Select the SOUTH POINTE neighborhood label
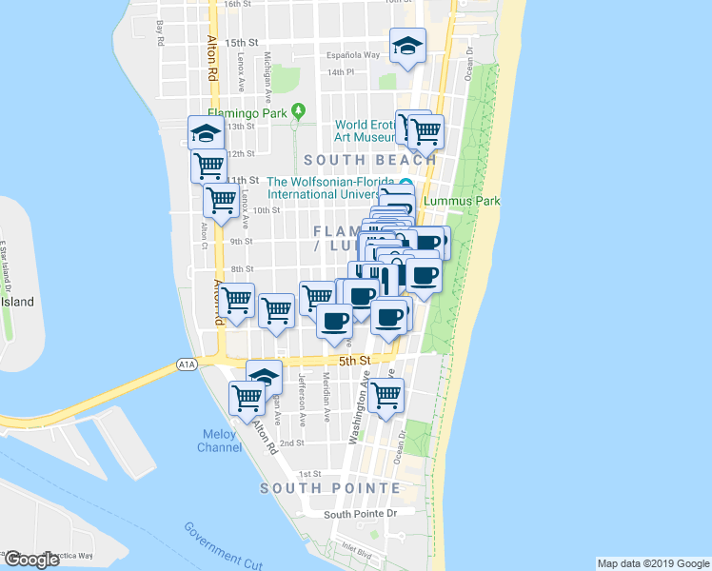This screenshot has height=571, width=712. (331, 488)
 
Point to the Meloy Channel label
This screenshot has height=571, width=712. (220, 441)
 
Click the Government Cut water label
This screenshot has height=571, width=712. (224, 545)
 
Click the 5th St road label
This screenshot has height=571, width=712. (353, 361)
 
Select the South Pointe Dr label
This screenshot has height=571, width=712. (360, 514)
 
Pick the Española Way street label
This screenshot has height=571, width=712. (353, 55)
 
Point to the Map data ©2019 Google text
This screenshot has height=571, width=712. (652, 563)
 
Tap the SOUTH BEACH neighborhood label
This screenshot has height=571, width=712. (370, 160)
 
